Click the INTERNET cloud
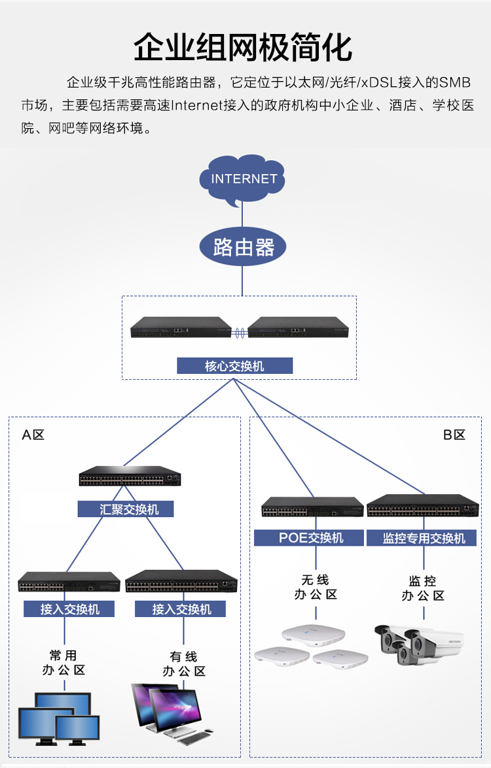pyautogui.click(x=244, y=179)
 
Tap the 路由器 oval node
pyautogui.click(x=244, y=247)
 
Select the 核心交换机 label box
pyautogui.click(x=234, y=366)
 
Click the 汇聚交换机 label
pyautogui.click(x=126, y=509)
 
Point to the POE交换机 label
pyautogui.click(x=308, y=538)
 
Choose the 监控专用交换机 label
pyautogui.click(x=424, y=538)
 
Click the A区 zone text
pyautogui.click(x=33, y=435)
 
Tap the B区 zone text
pyautogui.click(x=454, y=435)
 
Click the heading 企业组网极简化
pyautogui.click(x=244, y=48)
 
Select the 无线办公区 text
pyautogui.click(x=316, y=587)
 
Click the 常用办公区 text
pyautogui.click(x=64, y=662)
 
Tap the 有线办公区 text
pyautogui.click(x=183, y=663)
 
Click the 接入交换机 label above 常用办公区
pyautogui.click(x=69, y=609)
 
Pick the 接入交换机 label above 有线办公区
pyautogui.click(x=181, y=609)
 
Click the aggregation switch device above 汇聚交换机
pyautogui.click(x=130, y=476)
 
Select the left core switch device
pyautogui.click(x=181, y=327)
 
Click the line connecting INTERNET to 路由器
pyautogui.click(x=242, y=214)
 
